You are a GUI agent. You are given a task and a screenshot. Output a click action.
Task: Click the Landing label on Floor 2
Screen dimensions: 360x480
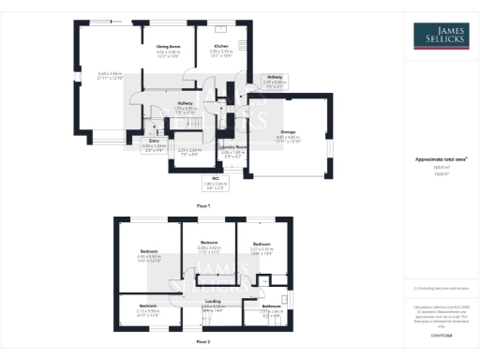[x=214, y=300]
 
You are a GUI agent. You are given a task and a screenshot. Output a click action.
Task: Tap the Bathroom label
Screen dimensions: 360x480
[x=272, y=306]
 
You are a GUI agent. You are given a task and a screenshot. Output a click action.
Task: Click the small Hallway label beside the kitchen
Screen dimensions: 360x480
[x=275, y=78]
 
